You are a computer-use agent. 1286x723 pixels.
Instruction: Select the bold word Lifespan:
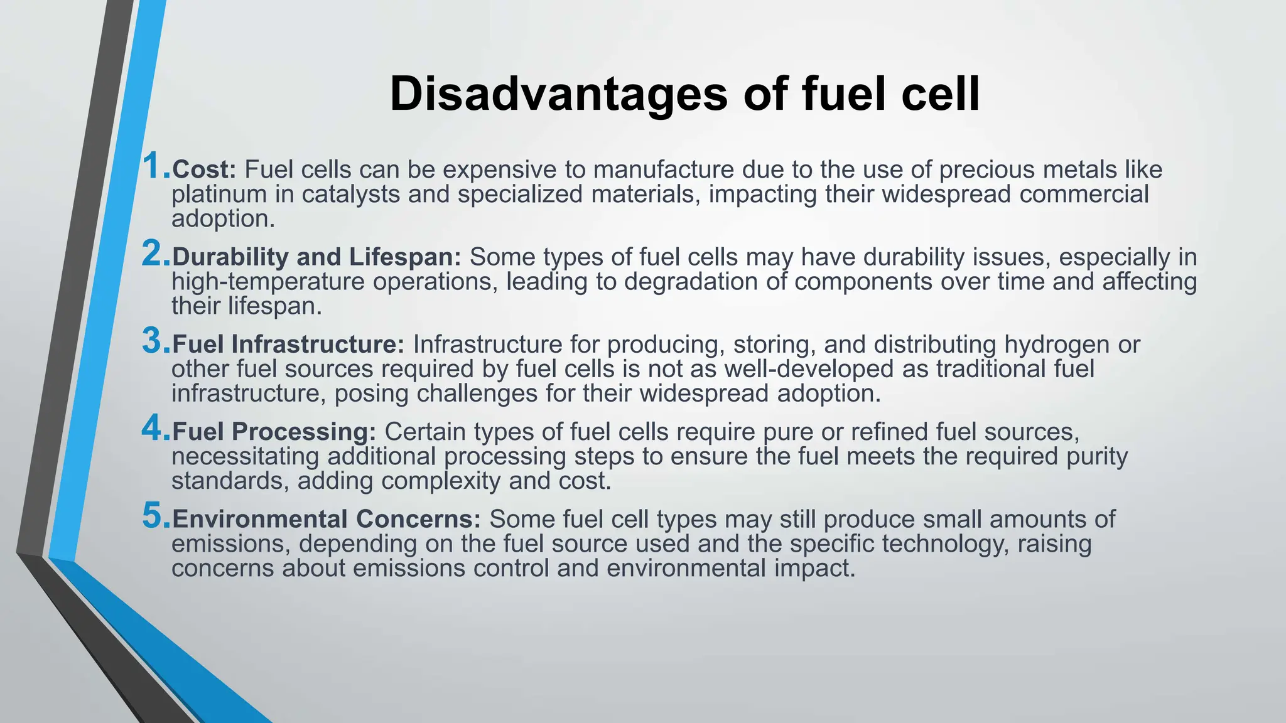pyautogui.click(x=405, y=257)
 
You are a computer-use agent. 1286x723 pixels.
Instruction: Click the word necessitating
pyautogui.click(x=246, y=457)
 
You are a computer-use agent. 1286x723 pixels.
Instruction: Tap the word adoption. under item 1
pyautogui.click(x=223, y=219)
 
